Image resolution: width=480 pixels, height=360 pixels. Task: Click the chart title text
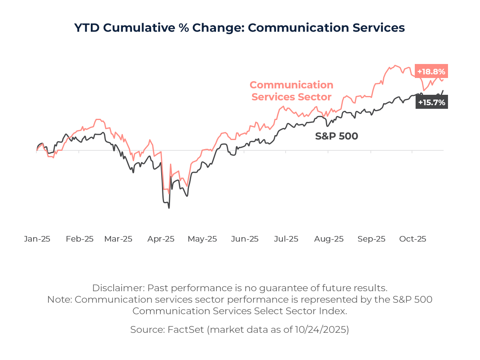click(x=240, y=28)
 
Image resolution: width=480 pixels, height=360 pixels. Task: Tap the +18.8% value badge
click(x=431, y=72)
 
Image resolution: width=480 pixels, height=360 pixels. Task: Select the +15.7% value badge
click(x=431, y=102)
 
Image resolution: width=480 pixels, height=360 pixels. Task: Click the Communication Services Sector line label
click(x=291, y=91)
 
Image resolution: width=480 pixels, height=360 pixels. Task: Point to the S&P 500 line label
click(x=336, y=136)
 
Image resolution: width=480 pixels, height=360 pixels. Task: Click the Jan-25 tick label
click(x=37, y=239)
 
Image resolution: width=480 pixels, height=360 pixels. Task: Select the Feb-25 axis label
click(x=80, y=239)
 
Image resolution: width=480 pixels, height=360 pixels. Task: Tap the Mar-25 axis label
click(x=118, y=239)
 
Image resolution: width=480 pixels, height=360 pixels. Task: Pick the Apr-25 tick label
click(x=161, y=239)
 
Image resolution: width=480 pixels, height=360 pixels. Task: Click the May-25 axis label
click(x=202, y=239)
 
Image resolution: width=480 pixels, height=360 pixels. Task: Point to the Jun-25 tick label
click(x=245, y=239)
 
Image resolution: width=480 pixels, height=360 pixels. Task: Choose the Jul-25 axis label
click(x=286, y=239)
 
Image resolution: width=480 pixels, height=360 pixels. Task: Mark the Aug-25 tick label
click(x=329, y=239)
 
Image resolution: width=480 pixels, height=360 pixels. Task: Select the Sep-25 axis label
click(x=371, y=239)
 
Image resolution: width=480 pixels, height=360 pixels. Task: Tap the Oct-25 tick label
click(x=413, y=239)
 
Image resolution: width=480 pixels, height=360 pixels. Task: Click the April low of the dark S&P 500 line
click(x=169, y=208)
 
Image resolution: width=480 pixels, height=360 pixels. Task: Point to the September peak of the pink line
click(x=395, y=65)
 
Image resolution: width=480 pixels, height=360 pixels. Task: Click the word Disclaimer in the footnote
click(x=118, y=288)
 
